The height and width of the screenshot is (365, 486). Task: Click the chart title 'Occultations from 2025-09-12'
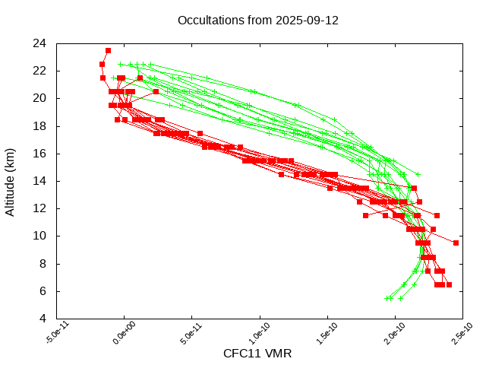click(257, 21)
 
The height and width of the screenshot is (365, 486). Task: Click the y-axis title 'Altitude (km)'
click(11, 181)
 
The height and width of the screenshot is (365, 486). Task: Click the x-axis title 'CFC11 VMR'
click(257, 354)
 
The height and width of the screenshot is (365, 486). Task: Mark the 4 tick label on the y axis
click(44, 319)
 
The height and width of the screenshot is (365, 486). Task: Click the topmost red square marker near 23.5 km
click(108, 50)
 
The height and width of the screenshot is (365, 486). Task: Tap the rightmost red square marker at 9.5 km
click(456, 243)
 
